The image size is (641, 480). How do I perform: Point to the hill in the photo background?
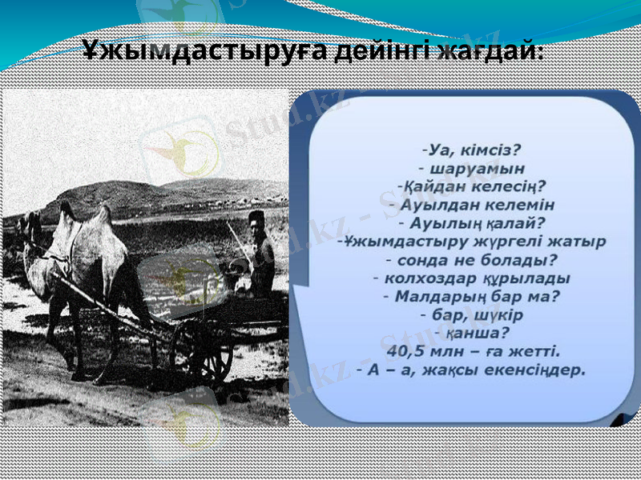click(128, 192)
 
